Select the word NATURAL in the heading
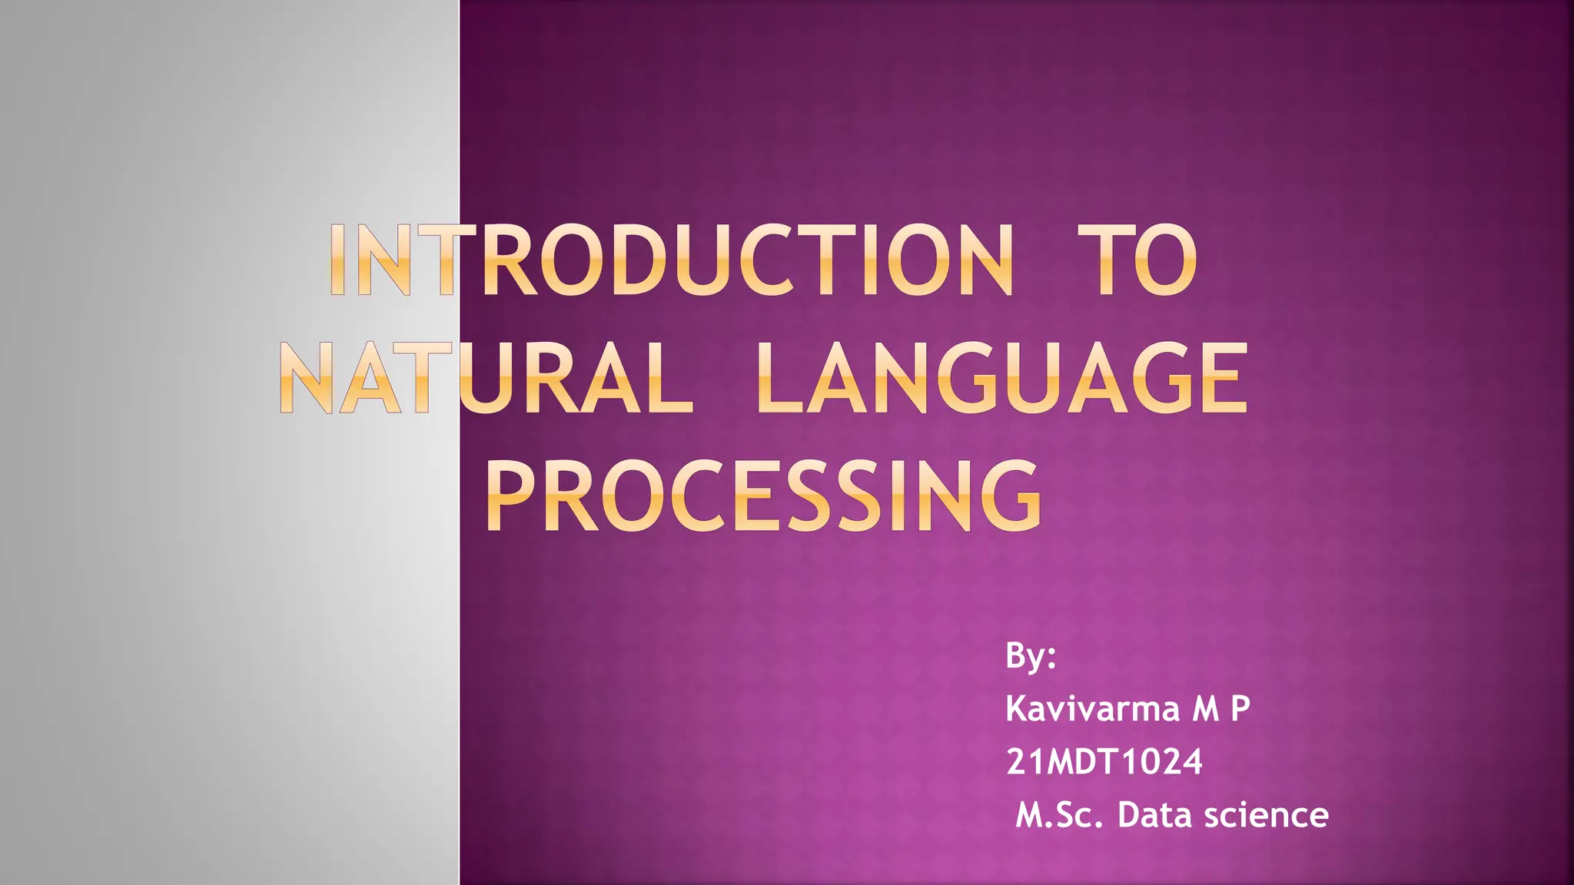(486, 379)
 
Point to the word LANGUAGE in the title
(1001, 379)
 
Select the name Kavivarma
(1092, 708)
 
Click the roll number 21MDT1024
(1104, 761)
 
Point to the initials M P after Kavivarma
(1221, 708)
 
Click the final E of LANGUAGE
(1219, 379)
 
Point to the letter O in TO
(1165, 261)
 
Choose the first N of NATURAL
(307, 379)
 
